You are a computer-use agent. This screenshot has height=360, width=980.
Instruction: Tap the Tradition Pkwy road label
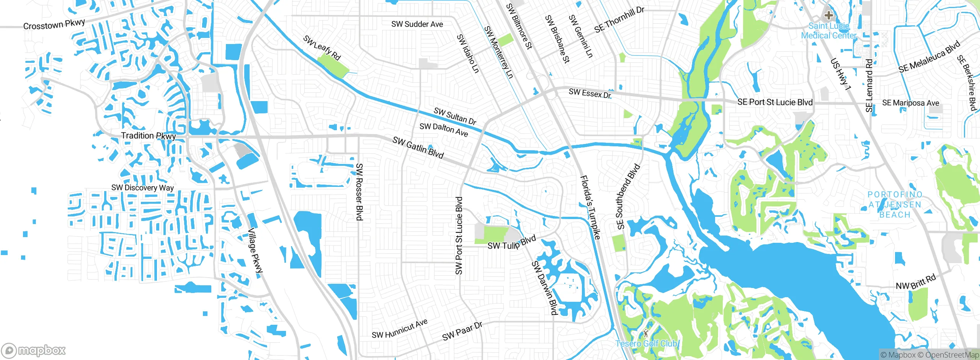[149, 136]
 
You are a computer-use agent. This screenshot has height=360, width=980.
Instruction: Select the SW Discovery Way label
[142, 188]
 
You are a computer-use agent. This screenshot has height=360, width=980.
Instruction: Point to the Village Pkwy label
[255, 251]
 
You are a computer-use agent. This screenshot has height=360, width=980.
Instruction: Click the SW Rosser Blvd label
[359, 192]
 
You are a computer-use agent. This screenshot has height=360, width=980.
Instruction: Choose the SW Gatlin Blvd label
[418, 147]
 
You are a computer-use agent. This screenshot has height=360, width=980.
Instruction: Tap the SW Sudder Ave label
[417, 24]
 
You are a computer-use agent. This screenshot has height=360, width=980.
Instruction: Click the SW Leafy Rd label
[322, 48]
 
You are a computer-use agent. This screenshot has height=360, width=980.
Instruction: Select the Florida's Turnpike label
[591, 208]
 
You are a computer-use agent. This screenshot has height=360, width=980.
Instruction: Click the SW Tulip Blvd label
[511, 243]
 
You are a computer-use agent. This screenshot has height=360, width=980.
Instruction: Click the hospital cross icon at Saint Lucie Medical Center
[829, 16]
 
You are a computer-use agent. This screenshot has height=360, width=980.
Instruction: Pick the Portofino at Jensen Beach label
[895, 205]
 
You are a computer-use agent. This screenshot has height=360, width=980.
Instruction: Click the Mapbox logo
[34, 350]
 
